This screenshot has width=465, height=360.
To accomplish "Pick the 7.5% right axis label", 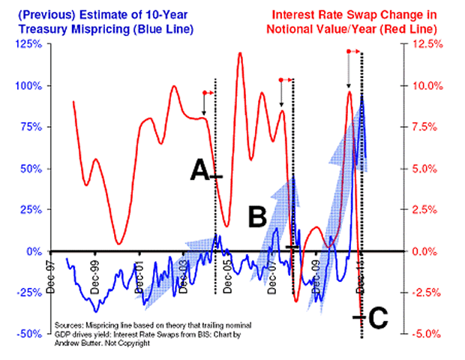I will coord(428,127).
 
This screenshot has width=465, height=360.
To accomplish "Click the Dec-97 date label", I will coord(51,271).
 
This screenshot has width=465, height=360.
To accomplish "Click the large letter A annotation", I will coord(198,172).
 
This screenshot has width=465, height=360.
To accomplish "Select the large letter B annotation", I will coord(258,218).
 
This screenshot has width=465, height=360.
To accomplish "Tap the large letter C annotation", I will coord(377,319).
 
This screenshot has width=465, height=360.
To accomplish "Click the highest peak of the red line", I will coord(240,54).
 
